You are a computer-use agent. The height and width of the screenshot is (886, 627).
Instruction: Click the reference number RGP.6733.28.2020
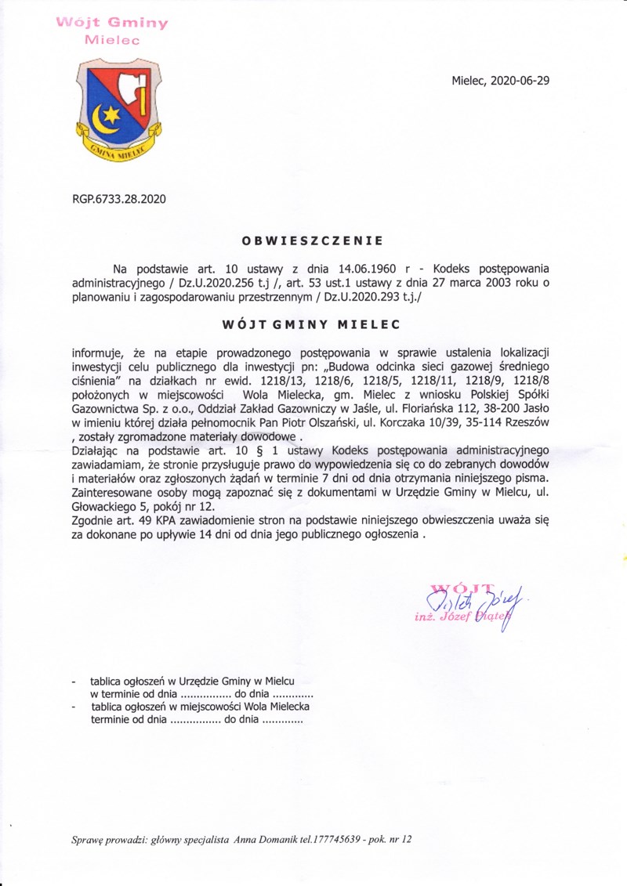pos(119,199)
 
